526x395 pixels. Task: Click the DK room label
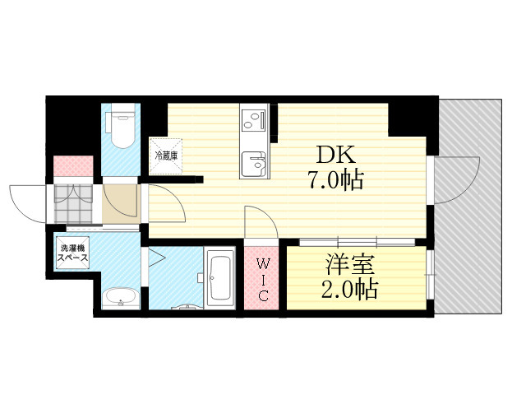pyautogui.click(x=335, y=156)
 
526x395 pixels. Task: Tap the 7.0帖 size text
pyautogui.click(x=336, y=180)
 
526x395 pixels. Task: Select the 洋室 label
pyautogui.click(x=350, y=264)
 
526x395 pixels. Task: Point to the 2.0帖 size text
pyautogui.click(x=349, y=289)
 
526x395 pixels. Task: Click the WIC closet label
pyautogui.click(x=262, y=280)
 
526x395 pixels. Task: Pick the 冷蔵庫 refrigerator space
pyautogui.click(x=166, y=156)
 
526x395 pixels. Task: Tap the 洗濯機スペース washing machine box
pyautogui.click(x=72, y=253)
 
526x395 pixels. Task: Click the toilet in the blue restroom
pyautogui.click(x=121, y=126)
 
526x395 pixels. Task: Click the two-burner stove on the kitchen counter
pyautogui.click(x=254, y=120)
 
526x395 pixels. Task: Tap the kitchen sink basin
pyautogui.click(x=254, y=164)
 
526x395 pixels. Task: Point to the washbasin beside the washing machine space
pyautogui.click(x=121, y=298)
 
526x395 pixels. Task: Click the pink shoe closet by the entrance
pyautogui.click(x=73, y=166)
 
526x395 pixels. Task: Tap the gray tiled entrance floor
pyautogui.click(x=73, y=203)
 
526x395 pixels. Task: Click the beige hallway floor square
pyautogui.click(x=121, y=204)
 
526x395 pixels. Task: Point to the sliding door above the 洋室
pyautogui.click(x=358, y=242)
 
